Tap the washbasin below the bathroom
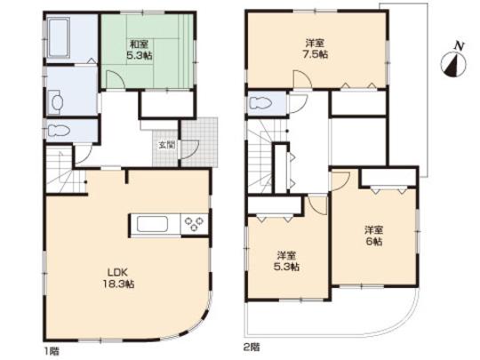pyautogui.click(x=55, y=103)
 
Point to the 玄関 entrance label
pyautogui.click(x=166, y=144)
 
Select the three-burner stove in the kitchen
pyautogui.click(x=193, y=224)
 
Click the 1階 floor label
pyautogui.click(x=44, y=347)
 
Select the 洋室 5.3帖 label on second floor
pyautogui.click(x=285, y=260)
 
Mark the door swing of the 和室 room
pyautogui.click(x=115, y=78)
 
